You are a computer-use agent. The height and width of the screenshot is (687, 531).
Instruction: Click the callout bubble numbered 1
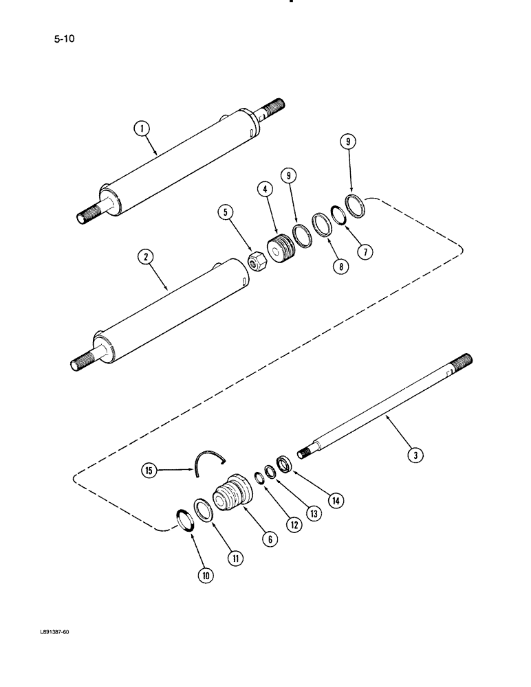pyautogui.click(x=142, y=128)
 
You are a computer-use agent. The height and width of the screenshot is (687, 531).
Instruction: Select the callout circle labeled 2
pyautogui.click(x=144, y=258)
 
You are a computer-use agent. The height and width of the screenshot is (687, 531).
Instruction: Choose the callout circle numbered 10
pyautogui.click(x=205, y=576)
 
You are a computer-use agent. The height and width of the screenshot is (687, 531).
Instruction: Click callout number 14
pyautogui.click(x=335, y=501)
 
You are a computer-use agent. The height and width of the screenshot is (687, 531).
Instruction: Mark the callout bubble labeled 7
pyautogui.click(x=365, y=252)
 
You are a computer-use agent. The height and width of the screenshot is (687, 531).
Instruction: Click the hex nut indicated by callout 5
pyautogui.click(x=255, y=262)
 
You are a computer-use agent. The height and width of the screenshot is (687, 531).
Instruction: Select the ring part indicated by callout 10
pyautogui.click(x=184, y=519)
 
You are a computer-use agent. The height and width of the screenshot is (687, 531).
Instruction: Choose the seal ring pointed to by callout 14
pyautogui.click(x=283, y=463)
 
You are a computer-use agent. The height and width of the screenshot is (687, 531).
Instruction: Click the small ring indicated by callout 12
pyautogui.click(x=257, y=477)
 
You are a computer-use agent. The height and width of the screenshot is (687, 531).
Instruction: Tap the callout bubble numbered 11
pyautogui.click(x=235, y=559)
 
